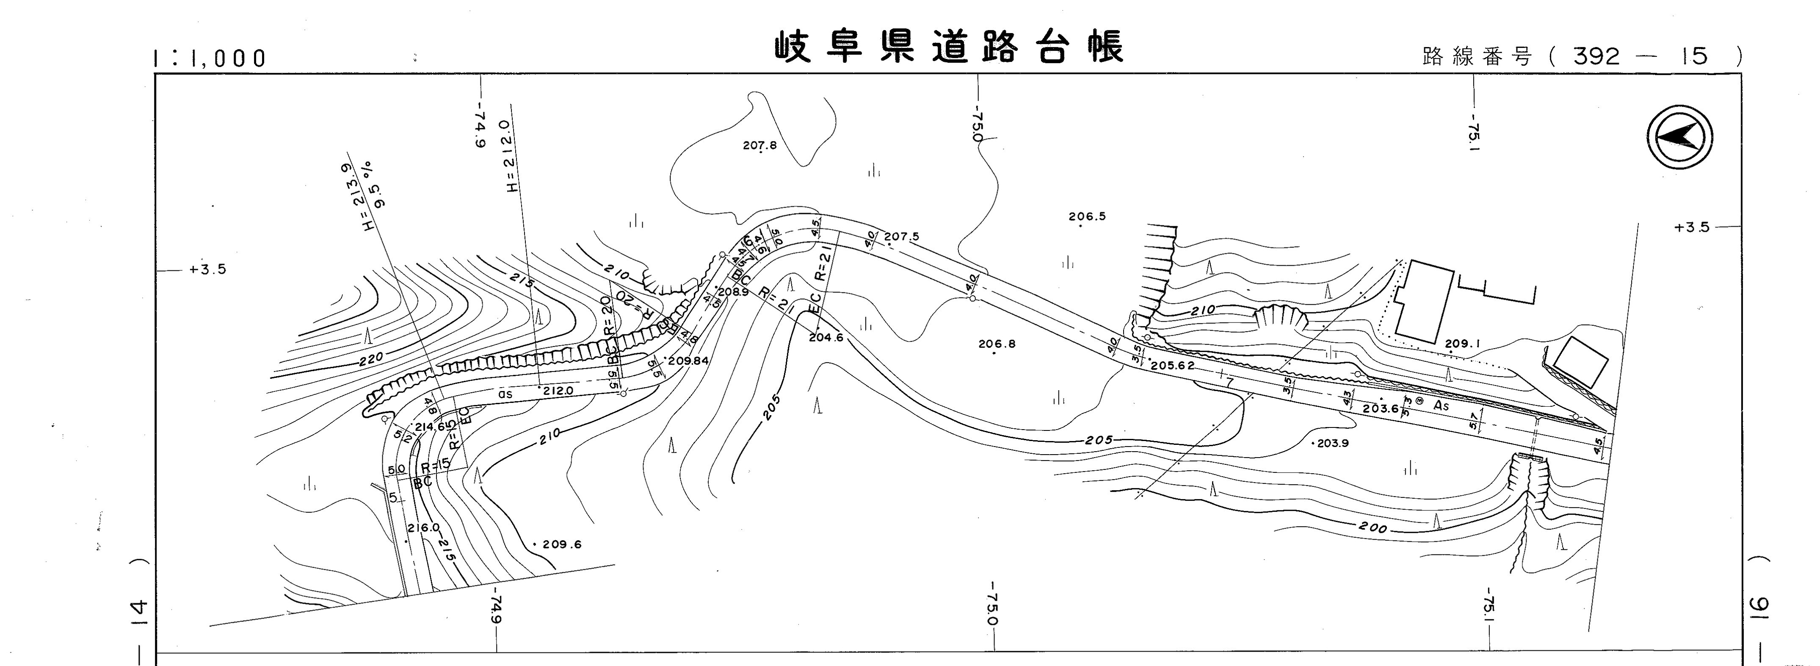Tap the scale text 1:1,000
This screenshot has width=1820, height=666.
pyautogui.click(x=210, y=58)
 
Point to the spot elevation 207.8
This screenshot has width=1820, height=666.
pyautogui.click(x=759, y=146)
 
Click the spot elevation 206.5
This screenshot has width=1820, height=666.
pyautogui.click(x=1087, y=217)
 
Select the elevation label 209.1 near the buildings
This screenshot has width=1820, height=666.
pyautogui.click(x=1462, y=344)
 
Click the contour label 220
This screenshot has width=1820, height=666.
pyautogui.click(x=370, y=358)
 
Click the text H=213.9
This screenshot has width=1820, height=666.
pyautogui.click(x=355, y=197)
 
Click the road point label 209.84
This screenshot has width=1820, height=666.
pyautogui.click(x=688, y=361)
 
